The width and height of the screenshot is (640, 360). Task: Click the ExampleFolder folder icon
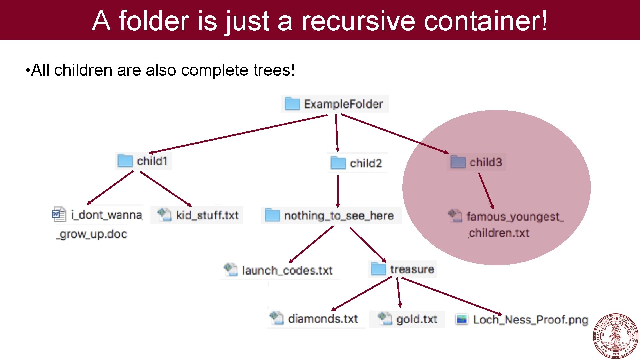(292, 104)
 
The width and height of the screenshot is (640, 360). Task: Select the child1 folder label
(152, 161)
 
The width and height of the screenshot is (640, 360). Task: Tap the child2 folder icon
(338, 163)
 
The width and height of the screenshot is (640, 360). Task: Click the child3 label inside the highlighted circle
(486, 162)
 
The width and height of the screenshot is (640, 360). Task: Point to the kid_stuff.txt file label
(207, 215)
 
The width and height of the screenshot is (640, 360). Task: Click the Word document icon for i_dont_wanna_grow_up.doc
(59, 214)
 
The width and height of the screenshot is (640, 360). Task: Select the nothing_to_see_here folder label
(339, 216)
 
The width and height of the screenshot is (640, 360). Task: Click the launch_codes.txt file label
(287, 270)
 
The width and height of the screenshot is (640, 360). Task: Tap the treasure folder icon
(378, 269)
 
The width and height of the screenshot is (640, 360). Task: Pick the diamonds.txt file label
(323, 319)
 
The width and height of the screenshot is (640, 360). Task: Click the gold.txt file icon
(385, 318)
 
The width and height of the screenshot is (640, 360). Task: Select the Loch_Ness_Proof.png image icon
(462, 319)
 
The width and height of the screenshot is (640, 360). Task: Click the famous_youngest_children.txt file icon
(455, 216)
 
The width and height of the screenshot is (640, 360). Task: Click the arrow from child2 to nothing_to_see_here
(338, 191)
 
